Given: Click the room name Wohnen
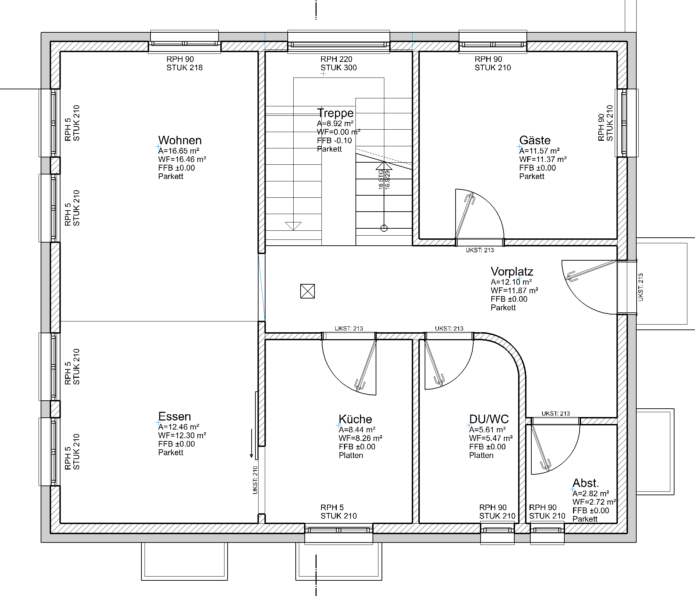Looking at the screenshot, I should [x=180, y=140].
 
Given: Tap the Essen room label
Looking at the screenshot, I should [x=174, y=416].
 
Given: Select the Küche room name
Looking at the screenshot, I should [x=355, y=419].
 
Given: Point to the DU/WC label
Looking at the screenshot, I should [x=489, y=419].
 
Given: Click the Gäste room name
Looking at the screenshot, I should [x=535, y=140].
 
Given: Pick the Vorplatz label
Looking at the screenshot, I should [x=512, y=271].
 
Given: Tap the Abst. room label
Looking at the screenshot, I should [x=586, y=483].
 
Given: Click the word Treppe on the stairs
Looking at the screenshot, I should [x=335, y=113].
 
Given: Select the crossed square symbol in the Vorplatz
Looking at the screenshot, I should [x=308, y=291].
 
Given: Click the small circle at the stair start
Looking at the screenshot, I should [x=384, y=228].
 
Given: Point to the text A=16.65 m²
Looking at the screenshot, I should [x=179, y=151].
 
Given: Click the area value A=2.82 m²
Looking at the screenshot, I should [x=590, y=493].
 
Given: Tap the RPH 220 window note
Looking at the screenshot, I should [x=336, y=59].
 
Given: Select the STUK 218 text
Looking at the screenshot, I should [x=184, y=68].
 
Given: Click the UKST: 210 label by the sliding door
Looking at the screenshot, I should [x=255, y=480].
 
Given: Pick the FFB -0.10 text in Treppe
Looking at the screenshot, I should [x=334, y=140].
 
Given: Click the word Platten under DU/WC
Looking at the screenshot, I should [x=481, y=455].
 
